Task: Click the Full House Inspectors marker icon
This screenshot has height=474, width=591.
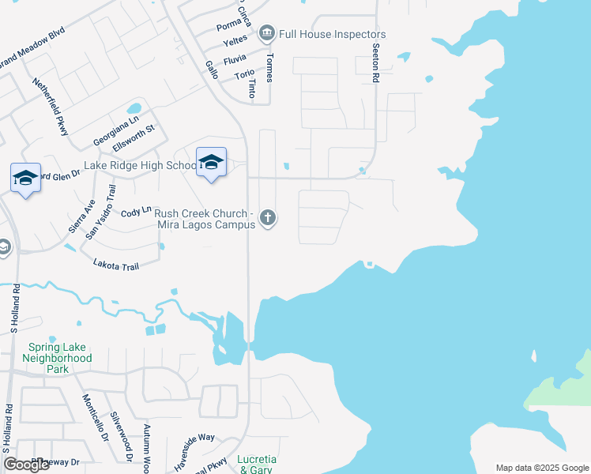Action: click(x=266, y=33)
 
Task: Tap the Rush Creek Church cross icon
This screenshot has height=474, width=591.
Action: click(x=269, y=217)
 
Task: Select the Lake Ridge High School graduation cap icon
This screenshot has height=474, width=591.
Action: click(x=211, y=162)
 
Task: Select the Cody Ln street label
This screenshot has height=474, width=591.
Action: click(x=135, y=213)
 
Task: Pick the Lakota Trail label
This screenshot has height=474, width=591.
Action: click(x=115, y=266)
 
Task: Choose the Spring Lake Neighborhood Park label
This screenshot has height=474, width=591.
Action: click(x=60, y=358)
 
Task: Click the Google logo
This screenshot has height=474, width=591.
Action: click(x=26, y=465)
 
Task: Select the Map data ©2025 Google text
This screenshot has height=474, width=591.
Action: click(x=541, y=468)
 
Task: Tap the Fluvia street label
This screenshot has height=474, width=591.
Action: click(x=235, y=59)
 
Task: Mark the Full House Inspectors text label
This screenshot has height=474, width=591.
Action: click(x=332, y=35)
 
